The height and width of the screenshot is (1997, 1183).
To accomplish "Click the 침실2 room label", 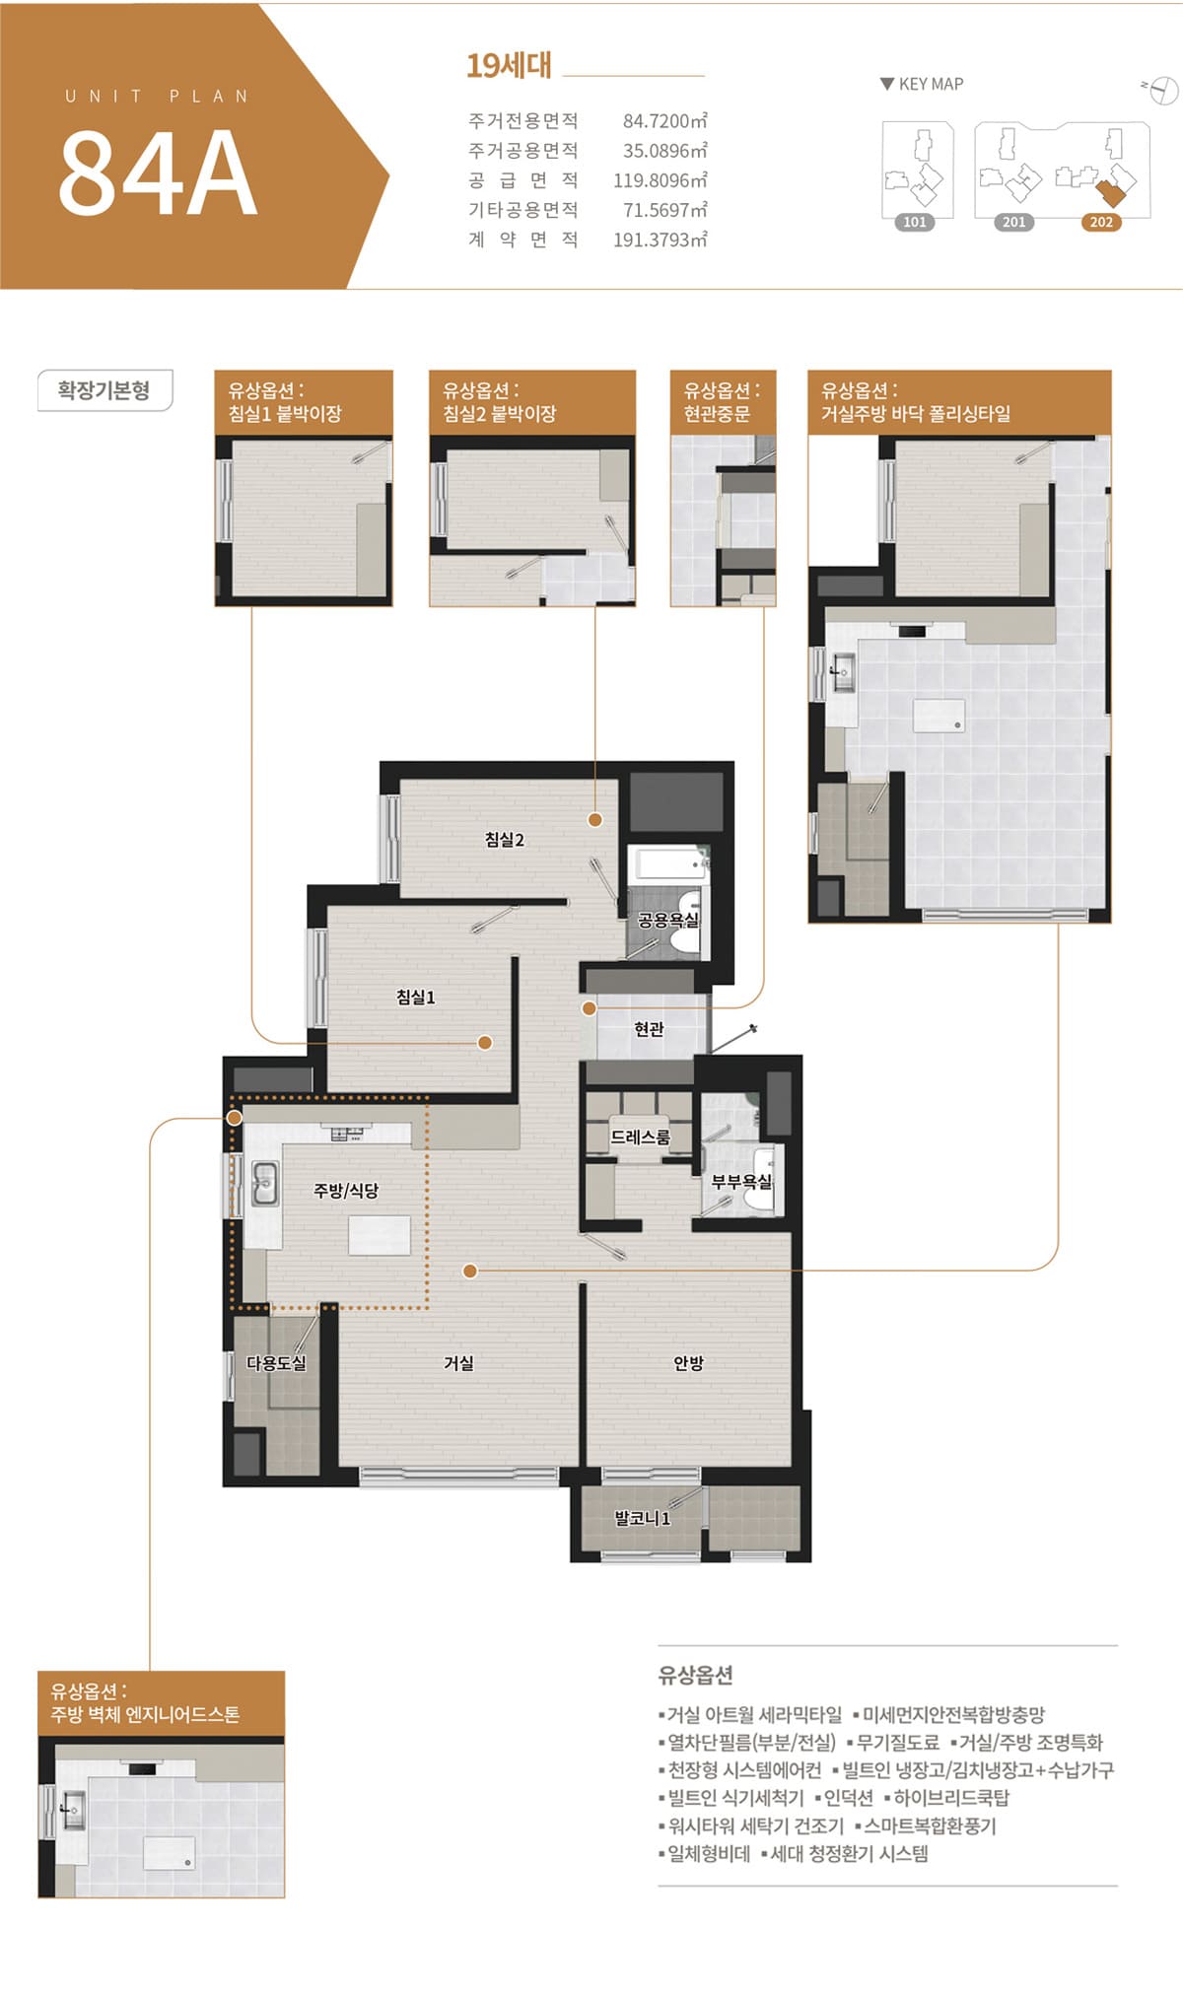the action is [504, 840].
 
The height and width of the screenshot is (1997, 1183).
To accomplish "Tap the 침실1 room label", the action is [415, 997].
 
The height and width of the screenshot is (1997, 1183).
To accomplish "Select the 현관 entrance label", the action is [649, 1029].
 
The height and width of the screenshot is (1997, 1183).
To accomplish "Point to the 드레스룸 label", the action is [640, 1136].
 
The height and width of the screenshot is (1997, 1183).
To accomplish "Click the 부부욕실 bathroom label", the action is [742, 1182].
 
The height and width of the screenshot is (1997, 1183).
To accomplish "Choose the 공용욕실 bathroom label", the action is [668, 920].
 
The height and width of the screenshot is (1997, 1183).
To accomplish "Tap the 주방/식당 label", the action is [346, 1190].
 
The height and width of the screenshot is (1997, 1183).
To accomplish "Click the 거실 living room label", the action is [458, 1363].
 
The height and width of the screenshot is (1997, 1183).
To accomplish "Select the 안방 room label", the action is [688, 1363].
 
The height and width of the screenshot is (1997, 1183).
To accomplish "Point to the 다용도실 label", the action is [276, 1363].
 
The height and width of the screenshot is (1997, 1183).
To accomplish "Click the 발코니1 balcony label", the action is [642, 1518].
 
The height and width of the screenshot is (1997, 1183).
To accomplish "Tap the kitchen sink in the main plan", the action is [263, 1184].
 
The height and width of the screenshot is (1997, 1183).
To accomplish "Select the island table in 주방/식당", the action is [380, 1235].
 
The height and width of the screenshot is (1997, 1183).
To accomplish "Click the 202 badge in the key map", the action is [1101, 222].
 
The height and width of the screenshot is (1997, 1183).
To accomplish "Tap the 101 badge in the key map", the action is [915, 222].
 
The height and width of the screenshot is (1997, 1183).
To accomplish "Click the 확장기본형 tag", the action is [104, 390].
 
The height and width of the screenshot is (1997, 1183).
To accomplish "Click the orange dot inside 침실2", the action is [595, 819].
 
